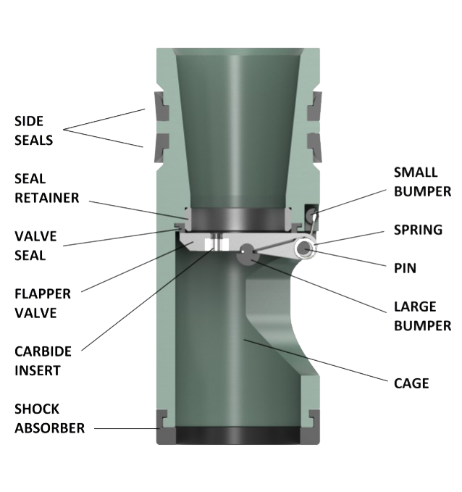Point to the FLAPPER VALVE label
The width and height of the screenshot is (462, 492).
pos(43,304)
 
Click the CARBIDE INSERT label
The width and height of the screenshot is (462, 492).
pos(43,360)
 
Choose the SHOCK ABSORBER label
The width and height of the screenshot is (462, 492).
pos(49,418)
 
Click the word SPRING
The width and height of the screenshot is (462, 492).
pos(418,230)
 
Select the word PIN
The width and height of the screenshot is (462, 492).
pos(404,267)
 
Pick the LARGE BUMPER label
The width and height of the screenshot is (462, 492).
pos(422,316)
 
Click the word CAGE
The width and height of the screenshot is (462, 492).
pos(411,382)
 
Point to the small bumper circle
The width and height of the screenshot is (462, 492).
pos(311,214)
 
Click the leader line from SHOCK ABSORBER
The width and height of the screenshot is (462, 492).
pos(127,428)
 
